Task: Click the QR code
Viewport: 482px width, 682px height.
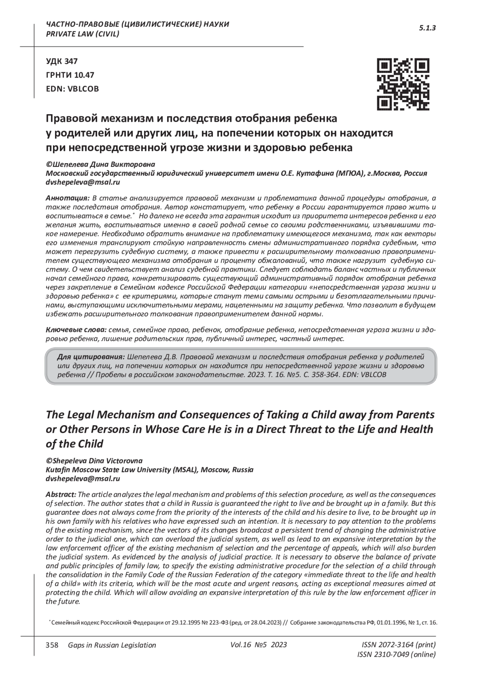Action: pos(403,84)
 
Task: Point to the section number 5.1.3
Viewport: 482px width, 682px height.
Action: pos(427,28)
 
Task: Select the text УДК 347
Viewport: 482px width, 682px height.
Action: pos(62,61)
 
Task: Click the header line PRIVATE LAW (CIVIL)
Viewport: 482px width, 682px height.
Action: pos(83,34)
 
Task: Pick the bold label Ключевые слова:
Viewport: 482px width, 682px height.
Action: pos(76,330)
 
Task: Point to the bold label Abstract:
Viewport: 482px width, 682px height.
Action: pos(61,494)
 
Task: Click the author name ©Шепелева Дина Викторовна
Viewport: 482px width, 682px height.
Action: pos(100,164)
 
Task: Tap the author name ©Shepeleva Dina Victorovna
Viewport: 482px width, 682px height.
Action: pos(94,461)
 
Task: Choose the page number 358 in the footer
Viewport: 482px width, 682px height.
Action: pos(52,645)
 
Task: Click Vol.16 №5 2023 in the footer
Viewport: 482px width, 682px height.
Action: pos(259,645)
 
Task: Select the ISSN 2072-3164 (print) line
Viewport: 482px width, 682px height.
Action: pos(398,645)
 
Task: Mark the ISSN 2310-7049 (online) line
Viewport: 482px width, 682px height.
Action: pos(396,654)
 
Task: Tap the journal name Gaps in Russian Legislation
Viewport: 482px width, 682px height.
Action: pos(112,645)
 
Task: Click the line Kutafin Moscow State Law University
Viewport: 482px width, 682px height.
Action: pos(149,469)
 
